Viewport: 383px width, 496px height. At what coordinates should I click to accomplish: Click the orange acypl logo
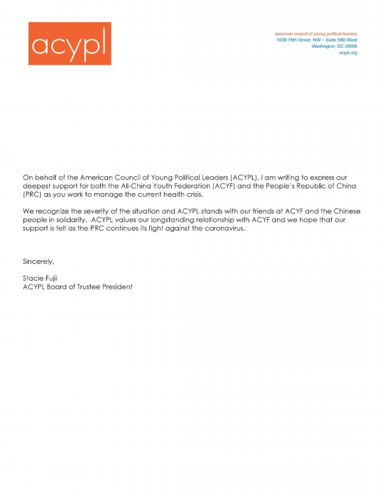pyautogui.click(x=70, y=43)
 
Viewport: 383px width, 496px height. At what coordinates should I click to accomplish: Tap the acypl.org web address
pyautogui.click(x=348, y=52)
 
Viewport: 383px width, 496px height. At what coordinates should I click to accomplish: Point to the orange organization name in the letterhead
pyautogui.click(x=315, y=33)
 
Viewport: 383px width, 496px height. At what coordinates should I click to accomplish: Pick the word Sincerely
pyautogui.click(x=38, y=261)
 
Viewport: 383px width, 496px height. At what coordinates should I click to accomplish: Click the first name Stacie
pyautogui.click(x=33, y=278)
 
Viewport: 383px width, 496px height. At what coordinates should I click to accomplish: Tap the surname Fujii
pyautogui.click(x=54, y=278)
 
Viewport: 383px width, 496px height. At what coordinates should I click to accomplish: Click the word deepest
pyautogui.click(x=38, y=185)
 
